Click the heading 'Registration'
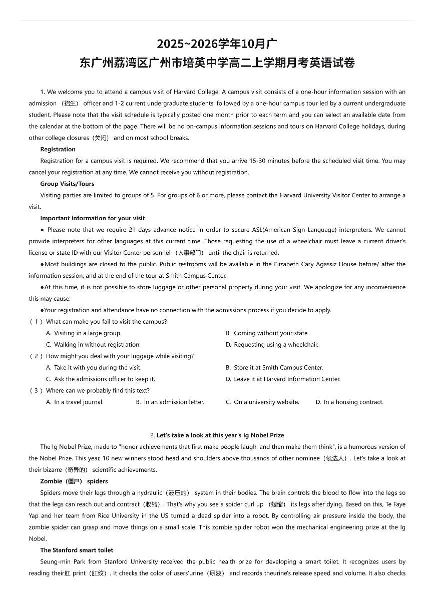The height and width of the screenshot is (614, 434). [x=58, y=149]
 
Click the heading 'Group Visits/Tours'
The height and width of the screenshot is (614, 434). [x=67, y=184]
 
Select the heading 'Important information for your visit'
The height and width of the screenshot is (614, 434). [x=93, y=218]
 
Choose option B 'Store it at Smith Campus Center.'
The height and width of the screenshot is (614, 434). [x=278, y=367]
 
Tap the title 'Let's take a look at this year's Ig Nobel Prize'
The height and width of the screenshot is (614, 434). [x=220, y=435]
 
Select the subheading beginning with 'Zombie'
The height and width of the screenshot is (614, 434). [x=74, y=481]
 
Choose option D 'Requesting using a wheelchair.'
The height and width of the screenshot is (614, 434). [x=275, y=344]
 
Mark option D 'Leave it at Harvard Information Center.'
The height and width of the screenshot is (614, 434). [x=287, y=379]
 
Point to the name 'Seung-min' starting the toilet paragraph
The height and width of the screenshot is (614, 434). [x=54, y=561]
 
